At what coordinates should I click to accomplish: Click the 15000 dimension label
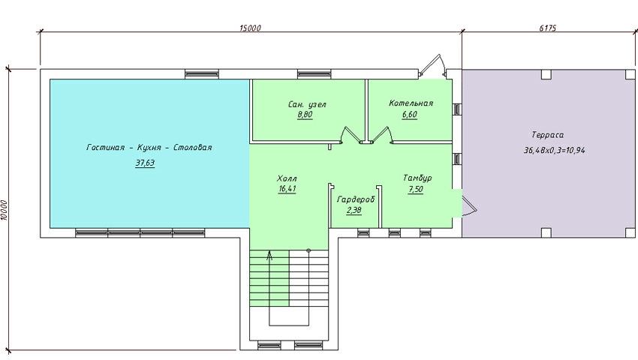250,28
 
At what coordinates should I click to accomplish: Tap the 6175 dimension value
548,28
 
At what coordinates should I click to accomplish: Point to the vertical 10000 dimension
5,210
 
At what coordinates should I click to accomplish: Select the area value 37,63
145,163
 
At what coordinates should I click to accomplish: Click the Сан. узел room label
307,104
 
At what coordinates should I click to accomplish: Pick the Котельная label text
411,103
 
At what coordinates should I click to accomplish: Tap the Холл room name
287,178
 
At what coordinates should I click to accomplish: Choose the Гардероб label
356,199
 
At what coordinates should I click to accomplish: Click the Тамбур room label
417,178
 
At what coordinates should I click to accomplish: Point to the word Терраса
547,135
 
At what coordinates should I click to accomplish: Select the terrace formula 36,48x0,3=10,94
554,151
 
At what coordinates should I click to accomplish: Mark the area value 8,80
305,115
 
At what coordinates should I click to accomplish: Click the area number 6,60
410,115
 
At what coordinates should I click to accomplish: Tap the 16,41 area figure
287,189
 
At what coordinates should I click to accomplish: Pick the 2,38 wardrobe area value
354,210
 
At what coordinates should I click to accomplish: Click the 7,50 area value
415,189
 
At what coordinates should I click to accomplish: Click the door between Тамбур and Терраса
468,203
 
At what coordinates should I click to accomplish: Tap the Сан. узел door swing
350,135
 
